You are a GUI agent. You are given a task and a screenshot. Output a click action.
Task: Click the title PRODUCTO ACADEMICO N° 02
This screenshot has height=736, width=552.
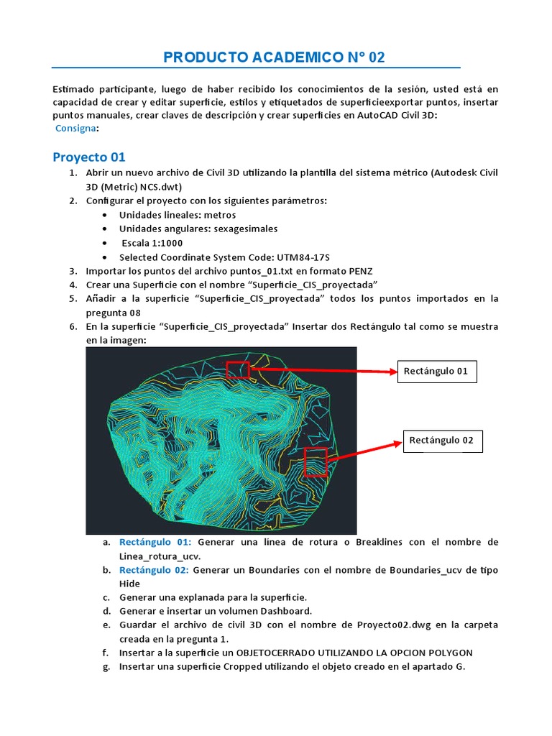(269, 57)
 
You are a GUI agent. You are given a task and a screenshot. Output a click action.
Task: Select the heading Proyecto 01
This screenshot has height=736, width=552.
(89, 157)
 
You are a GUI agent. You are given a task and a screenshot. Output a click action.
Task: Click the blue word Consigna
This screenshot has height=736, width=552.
(76, 128)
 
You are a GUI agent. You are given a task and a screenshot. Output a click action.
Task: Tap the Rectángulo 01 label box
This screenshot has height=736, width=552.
(436, 372)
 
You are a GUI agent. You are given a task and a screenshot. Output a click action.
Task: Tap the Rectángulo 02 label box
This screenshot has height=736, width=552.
(441, 441)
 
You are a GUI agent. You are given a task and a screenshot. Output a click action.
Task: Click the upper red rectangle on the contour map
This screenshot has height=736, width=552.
(238, 370)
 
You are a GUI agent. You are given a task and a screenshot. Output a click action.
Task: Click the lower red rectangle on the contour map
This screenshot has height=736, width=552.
(316, 462)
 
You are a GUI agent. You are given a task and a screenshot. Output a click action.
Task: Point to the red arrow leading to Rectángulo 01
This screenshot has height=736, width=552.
(323, 372)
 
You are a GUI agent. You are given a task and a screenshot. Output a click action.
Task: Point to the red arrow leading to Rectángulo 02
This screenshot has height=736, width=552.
(363, 452)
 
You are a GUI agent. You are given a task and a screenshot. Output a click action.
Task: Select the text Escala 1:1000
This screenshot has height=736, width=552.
(152, 243)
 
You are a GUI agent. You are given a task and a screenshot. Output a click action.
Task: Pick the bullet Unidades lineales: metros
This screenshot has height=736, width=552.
(178, 215)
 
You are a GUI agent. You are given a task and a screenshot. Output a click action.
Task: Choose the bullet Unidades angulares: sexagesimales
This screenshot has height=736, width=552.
(198, 229)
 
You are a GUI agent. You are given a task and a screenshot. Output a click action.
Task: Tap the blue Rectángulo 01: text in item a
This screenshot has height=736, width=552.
(155, 541)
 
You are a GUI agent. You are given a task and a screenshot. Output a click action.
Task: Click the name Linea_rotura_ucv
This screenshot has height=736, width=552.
(160, 556)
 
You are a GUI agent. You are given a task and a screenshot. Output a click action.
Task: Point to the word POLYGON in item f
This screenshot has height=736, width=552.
(448, 653)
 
